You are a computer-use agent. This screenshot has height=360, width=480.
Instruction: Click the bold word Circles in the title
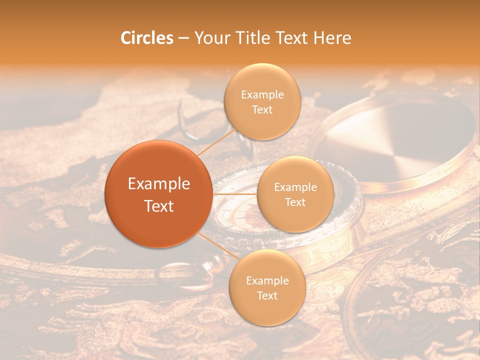coord(147,38)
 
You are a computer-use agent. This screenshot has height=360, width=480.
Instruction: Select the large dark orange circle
coord(158,194)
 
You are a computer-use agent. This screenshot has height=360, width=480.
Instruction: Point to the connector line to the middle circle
coord(235,194)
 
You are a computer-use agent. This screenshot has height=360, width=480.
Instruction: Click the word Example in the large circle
coord(159,184)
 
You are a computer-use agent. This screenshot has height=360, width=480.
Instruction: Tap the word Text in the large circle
coord(159,206)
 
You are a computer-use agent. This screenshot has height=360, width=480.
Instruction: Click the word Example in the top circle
coord(262,95)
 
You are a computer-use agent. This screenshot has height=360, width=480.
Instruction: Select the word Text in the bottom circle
coord(267,295)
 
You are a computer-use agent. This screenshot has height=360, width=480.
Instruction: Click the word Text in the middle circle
coord(295,202)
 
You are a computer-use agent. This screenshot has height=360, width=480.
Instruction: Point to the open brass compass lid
coord(395,140)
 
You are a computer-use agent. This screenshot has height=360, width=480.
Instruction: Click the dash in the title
coord(183,38)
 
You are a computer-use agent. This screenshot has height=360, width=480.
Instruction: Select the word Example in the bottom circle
coord(267,281)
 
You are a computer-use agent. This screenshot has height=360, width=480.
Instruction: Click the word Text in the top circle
coord(262,109)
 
